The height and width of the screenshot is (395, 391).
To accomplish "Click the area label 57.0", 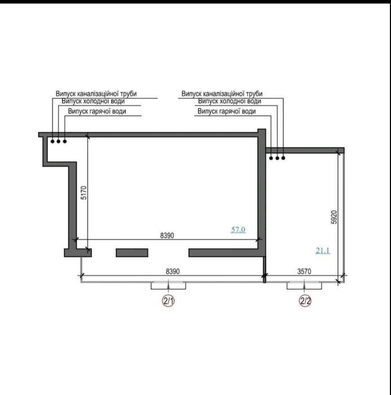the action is tap(238, 230).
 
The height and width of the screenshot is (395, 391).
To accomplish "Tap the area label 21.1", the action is tap(323, 251).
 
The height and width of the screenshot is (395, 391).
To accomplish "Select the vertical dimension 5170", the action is tap(84, 193).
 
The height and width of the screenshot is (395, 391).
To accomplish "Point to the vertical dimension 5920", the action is tap(333, 217).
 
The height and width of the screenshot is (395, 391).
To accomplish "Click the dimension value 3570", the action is tap(304, 271).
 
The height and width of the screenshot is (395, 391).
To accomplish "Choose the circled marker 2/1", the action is tap(168, 301).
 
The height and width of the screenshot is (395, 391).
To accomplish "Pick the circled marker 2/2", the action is tap(305, 301).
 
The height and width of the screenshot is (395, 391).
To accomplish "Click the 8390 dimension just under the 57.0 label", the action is tap(167, 236).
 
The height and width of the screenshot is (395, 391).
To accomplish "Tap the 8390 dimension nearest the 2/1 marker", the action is tap(173, 271).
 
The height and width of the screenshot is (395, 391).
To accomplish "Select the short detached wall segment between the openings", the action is tap(132, 253).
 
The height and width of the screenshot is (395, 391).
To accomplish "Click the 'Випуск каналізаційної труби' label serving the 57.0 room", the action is tap(96, 94).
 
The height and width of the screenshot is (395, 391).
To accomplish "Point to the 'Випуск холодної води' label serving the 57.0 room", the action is tap(93, 101).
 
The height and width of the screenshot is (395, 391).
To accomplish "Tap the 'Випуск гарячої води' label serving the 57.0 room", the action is tap(97, 111).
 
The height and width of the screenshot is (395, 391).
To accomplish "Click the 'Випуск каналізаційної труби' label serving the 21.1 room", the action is tap(222, 94).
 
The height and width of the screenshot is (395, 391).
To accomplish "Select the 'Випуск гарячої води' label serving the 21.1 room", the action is tap(227, 111).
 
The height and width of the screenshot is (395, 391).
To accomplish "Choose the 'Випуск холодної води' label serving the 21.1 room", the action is tap(230, 101).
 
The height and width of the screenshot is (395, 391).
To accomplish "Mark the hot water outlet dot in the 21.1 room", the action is tap(271, 158).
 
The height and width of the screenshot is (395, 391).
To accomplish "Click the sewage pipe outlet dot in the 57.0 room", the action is tap(52, 141).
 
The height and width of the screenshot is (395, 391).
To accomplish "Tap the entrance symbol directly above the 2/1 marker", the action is tap(168, 285).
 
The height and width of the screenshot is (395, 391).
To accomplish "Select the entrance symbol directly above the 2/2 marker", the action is tap(304, 285).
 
